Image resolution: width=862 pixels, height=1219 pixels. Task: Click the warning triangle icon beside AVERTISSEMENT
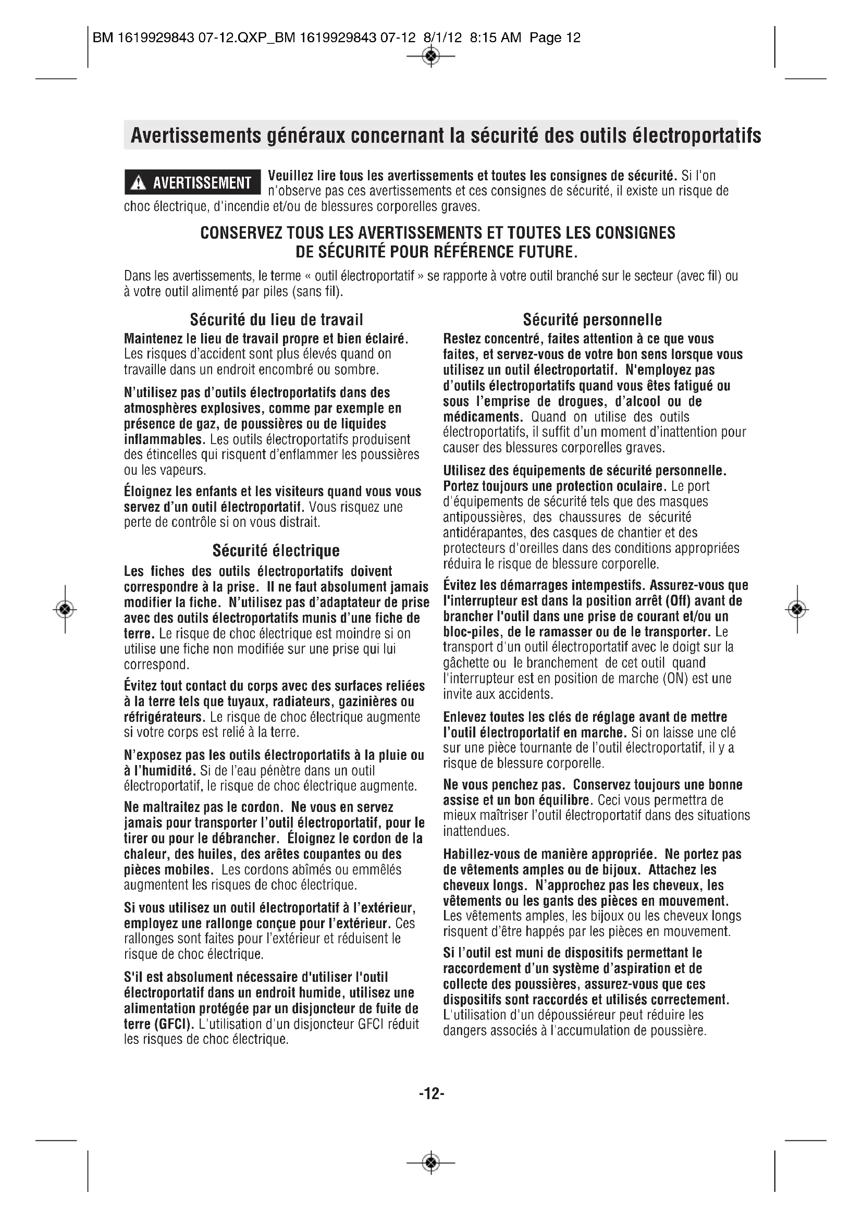click(139, 183)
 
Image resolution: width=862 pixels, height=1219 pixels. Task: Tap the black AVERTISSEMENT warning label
click(193, 182)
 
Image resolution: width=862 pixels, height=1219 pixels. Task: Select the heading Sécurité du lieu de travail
click(276, 319)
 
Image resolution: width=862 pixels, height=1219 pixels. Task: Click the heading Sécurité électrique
click(276, 550)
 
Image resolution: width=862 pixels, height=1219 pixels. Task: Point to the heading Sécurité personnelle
click(593, 319)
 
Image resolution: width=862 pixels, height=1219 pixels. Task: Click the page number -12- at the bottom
click(431, 1093)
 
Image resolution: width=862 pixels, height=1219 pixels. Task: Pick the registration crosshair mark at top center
click(432, 55)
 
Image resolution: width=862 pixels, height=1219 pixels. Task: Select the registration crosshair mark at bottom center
click(432, 1163)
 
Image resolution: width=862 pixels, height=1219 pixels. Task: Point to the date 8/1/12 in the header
click(442, 38)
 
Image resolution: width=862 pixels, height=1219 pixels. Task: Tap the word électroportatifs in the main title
click(697, 136)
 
